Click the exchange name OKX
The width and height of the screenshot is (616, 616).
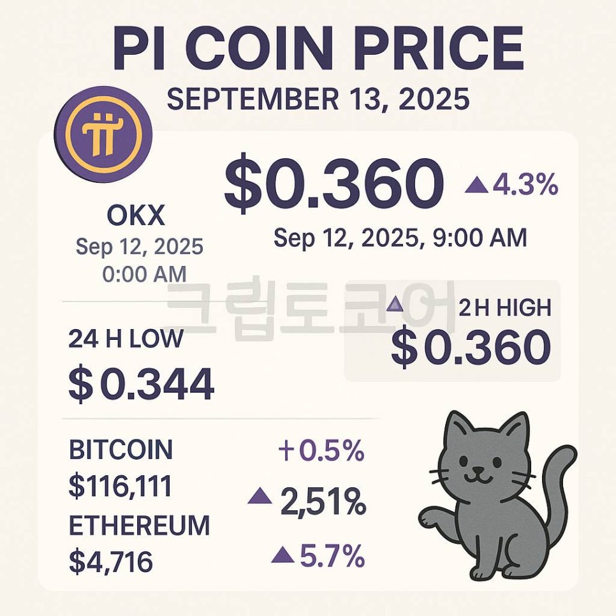coord(135,217)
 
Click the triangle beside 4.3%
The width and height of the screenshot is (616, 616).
coord(476,186)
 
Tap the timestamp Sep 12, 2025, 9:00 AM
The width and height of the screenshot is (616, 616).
coord(400,238)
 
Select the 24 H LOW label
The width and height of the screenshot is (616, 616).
coord(125,339)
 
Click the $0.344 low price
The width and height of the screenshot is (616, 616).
coord(141,385)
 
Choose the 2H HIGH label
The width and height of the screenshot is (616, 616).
coord(504,309)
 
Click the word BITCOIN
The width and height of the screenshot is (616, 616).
coord(121,450)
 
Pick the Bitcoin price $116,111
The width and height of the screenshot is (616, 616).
coord(120,487)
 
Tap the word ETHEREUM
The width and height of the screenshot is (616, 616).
coord(139,525)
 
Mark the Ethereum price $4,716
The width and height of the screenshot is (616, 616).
coord(110,561)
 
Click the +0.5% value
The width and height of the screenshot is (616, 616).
coord(321,451)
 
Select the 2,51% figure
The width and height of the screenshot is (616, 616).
coord(323,504)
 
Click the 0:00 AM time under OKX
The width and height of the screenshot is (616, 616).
coord(144,274)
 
